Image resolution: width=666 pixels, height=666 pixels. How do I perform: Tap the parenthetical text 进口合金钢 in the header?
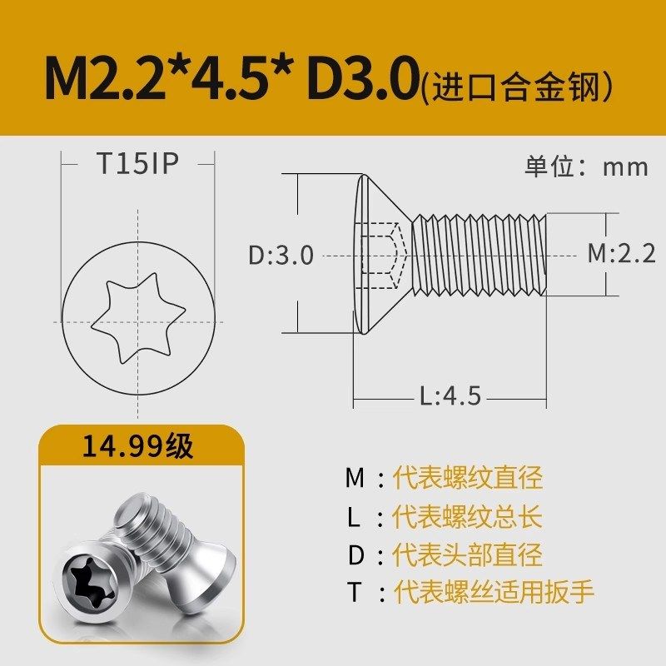click(x=517, y=84)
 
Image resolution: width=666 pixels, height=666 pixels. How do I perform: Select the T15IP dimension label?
click(x=137, y=164)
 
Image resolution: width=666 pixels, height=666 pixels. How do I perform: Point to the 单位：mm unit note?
click(x=586, y=166)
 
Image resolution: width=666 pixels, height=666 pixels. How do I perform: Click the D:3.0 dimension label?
click(x=281, y=255)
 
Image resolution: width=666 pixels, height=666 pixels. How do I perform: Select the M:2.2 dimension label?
click(x=621, y=253)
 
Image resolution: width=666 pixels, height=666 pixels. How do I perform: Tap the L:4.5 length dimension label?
click(x=450, y=396)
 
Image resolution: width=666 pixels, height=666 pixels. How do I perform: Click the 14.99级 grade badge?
click(x=137, y=447)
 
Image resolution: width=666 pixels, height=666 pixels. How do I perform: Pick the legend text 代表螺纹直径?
click(x=468, y=478)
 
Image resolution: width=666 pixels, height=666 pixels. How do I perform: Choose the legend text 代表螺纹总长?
click(x=468, y=516)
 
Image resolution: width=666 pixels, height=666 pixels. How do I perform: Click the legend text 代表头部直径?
click(x=468, y=554)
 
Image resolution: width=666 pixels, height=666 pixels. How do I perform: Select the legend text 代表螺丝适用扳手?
click(x=494, y=593)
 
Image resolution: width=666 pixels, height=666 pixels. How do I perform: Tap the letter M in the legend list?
click(x=355, y=478)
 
